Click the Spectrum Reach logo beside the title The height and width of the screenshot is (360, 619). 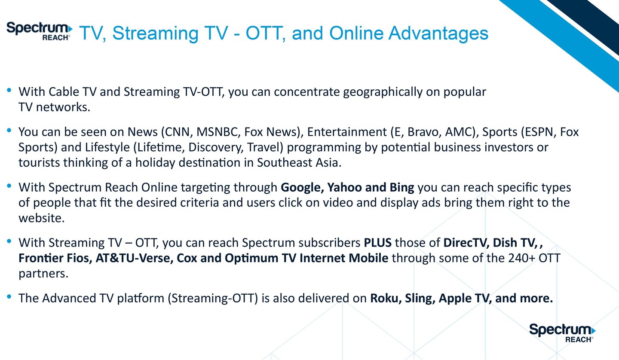tap(39, 31)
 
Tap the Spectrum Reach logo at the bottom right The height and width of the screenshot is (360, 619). tap(562, 333)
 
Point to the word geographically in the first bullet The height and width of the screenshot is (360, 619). tap(383, 92)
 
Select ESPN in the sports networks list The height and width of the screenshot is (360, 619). tap(542, 132)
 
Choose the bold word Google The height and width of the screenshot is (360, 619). tap(302, 188)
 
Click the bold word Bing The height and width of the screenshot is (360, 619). tap(402, 188)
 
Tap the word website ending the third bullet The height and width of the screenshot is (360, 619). tap(41, 218)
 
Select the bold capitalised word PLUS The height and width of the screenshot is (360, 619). tap(377, 243)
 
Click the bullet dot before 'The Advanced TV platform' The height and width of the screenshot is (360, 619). tap(9, 297)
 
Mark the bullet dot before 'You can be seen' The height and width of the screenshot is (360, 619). tap(9, 130)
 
